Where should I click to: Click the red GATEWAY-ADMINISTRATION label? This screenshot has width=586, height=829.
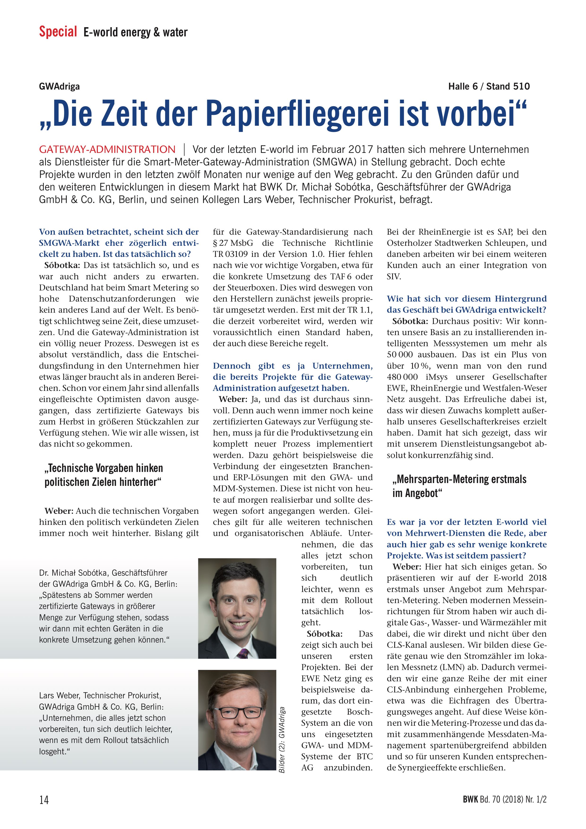pos(107,150)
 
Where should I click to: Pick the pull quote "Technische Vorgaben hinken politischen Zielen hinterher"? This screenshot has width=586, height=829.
pos(104,475)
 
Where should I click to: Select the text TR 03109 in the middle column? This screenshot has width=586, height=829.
pos(230,254)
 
